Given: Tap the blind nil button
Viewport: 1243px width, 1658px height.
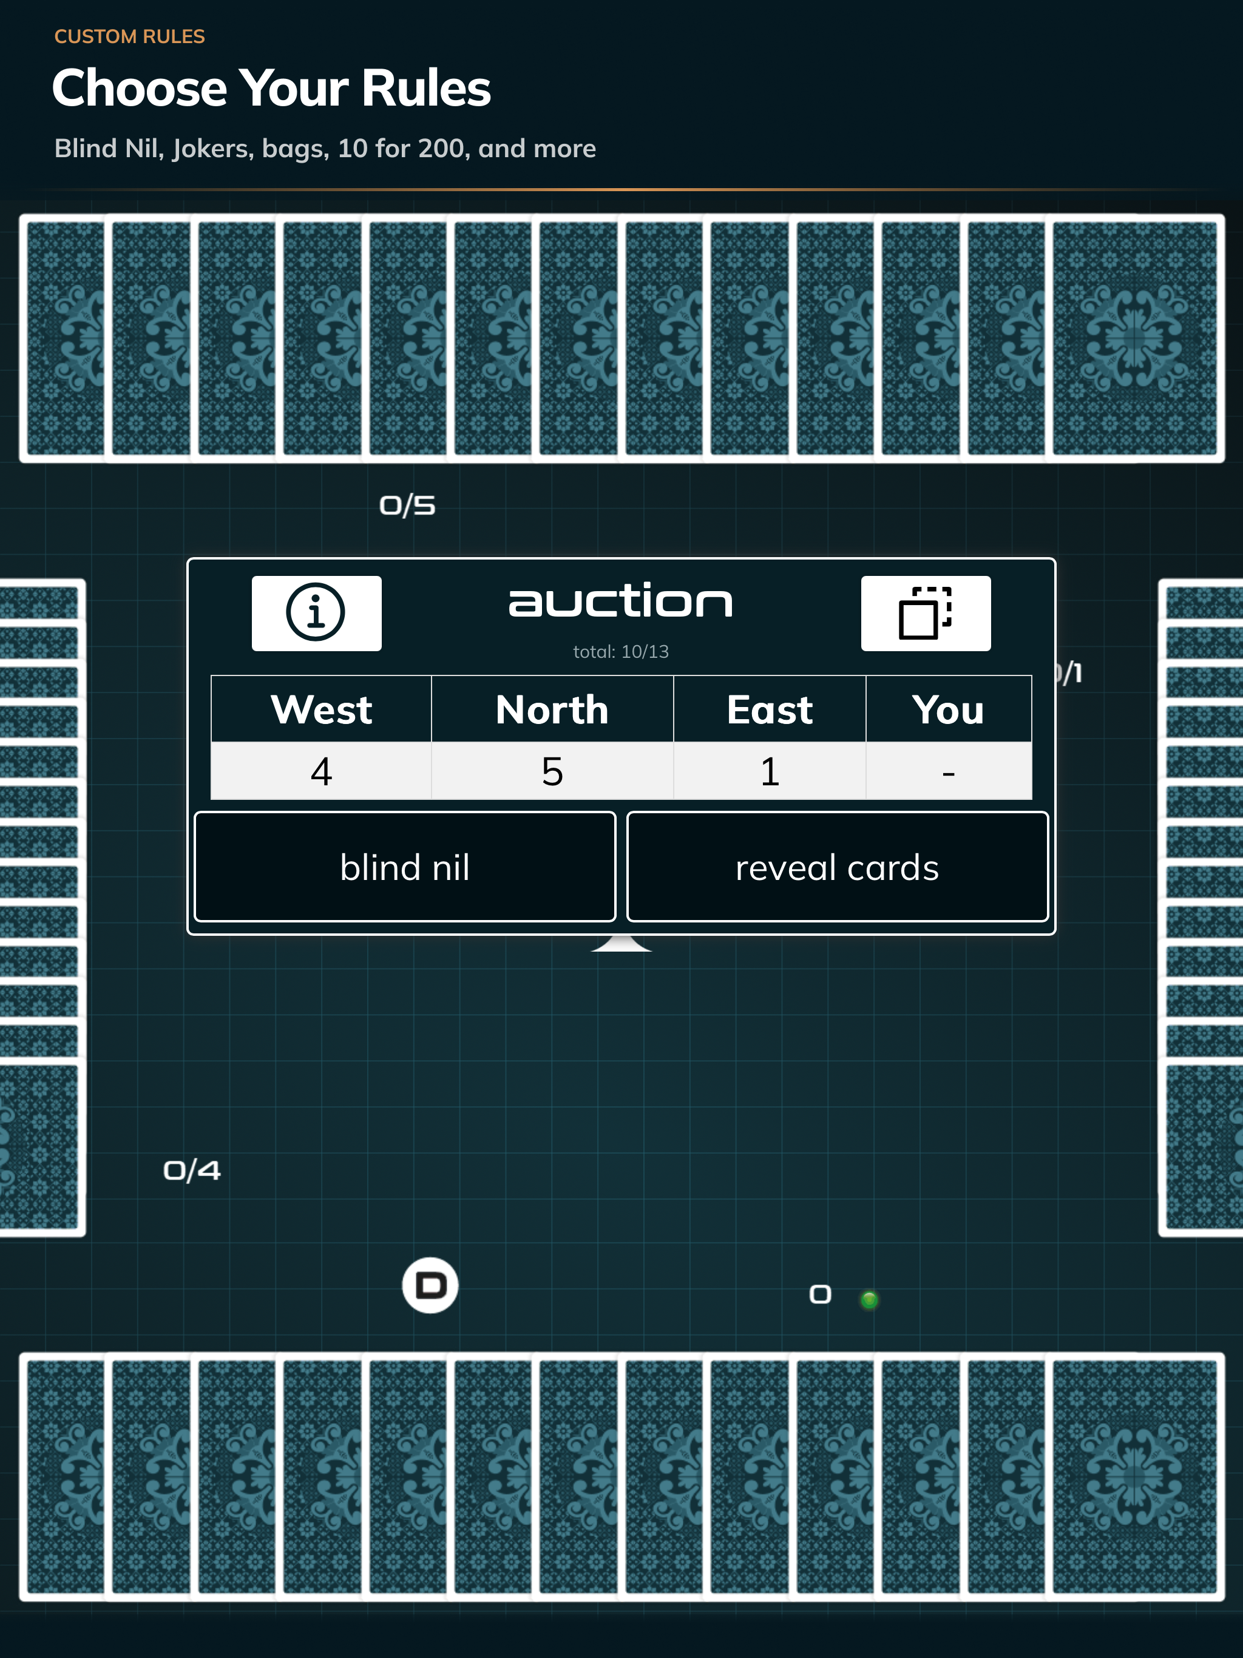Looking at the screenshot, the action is pyautogui.click(x=405, y=867).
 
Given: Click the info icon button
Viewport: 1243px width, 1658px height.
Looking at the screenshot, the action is pyautogui.click(x=316, y=613).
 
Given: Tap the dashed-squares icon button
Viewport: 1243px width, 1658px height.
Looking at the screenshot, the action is pyautogui.click(x=926, y=613).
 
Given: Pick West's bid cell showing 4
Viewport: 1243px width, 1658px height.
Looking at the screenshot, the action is pyautogui.click(x=322, y=771).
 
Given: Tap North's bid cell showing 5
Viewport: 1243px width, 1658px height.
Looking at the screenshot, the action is pyautogui.click(x=552, y=771).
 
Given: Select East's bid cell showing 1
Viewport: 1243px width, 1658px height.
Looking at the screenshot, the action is pyautogui.click(x=770, y=771).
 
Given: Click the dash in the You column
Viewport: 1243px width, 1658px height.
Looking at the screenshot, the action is pyautogui.click(x=949, y=773).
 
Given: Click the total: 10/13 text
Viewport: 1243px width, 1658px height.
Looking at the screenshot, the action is pyautogui.click(x=621, y=651).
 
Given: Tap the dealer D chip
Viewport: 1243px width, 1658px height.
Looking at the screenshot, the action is pyautogui.click(x=430, y=1285).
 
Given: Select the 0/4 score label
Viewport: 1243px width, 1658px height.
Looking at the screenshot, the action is pyautogui.click(x=192, y=1171).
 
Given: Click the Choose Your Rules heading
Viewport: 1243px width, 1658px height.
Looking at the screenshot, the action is pyautogui.click(x=271, y=89).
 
